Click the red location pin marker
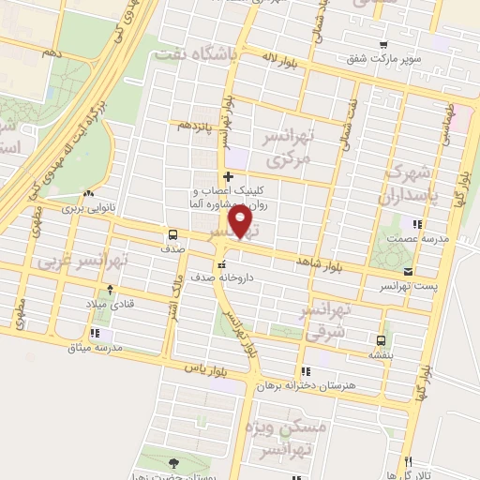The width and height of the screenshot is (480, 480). click(243, 222)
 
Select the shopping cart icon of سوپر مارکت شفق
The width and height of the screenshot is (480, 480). click(382, 45)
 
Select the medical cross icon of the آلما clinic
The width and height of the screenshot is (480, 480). click(228, 175)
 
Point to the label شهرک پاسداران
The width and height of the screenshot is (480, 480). click(408, 185)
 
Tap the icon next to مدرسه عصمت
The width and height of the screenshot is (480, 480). click(417, 223)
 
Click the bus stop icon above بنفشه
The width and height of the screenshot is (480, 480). click(380, 339)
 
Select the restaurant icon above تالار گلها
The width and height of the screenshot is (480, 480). click(408, 460)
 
